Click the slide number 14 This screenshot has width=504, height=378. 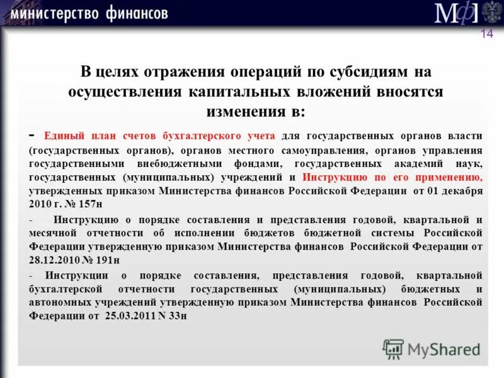[x=486, y=34]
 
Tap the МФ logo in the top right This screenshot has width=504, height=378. [x=454, y=13]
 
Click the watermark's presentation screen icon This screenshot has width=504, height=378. [x=393, y=348]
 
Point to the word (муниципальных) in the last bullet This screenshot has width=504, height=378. [x=339, y=289]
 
